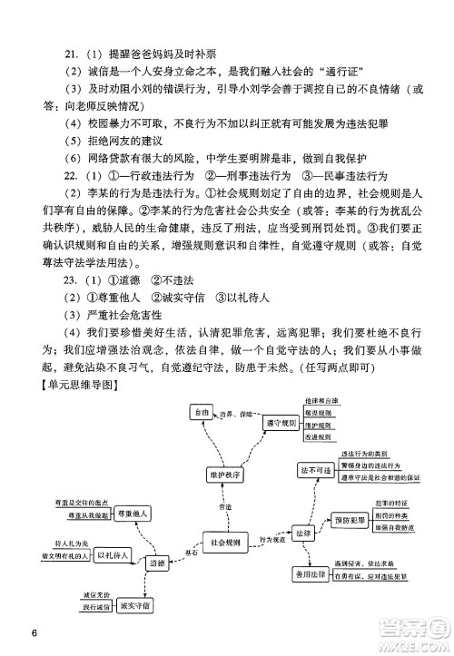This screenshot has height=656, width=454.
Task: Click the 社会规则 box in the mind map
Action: tap(220, 542)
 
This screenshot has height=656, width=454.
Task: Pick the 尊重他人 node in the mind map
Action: tap(131, 513)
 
